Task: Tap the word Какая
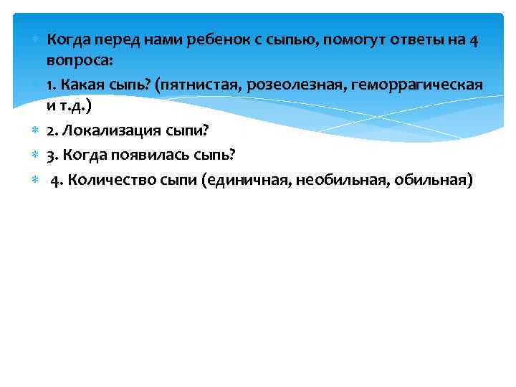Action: click(80, 85)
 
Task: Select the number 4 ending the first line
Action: click(474, 40)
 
